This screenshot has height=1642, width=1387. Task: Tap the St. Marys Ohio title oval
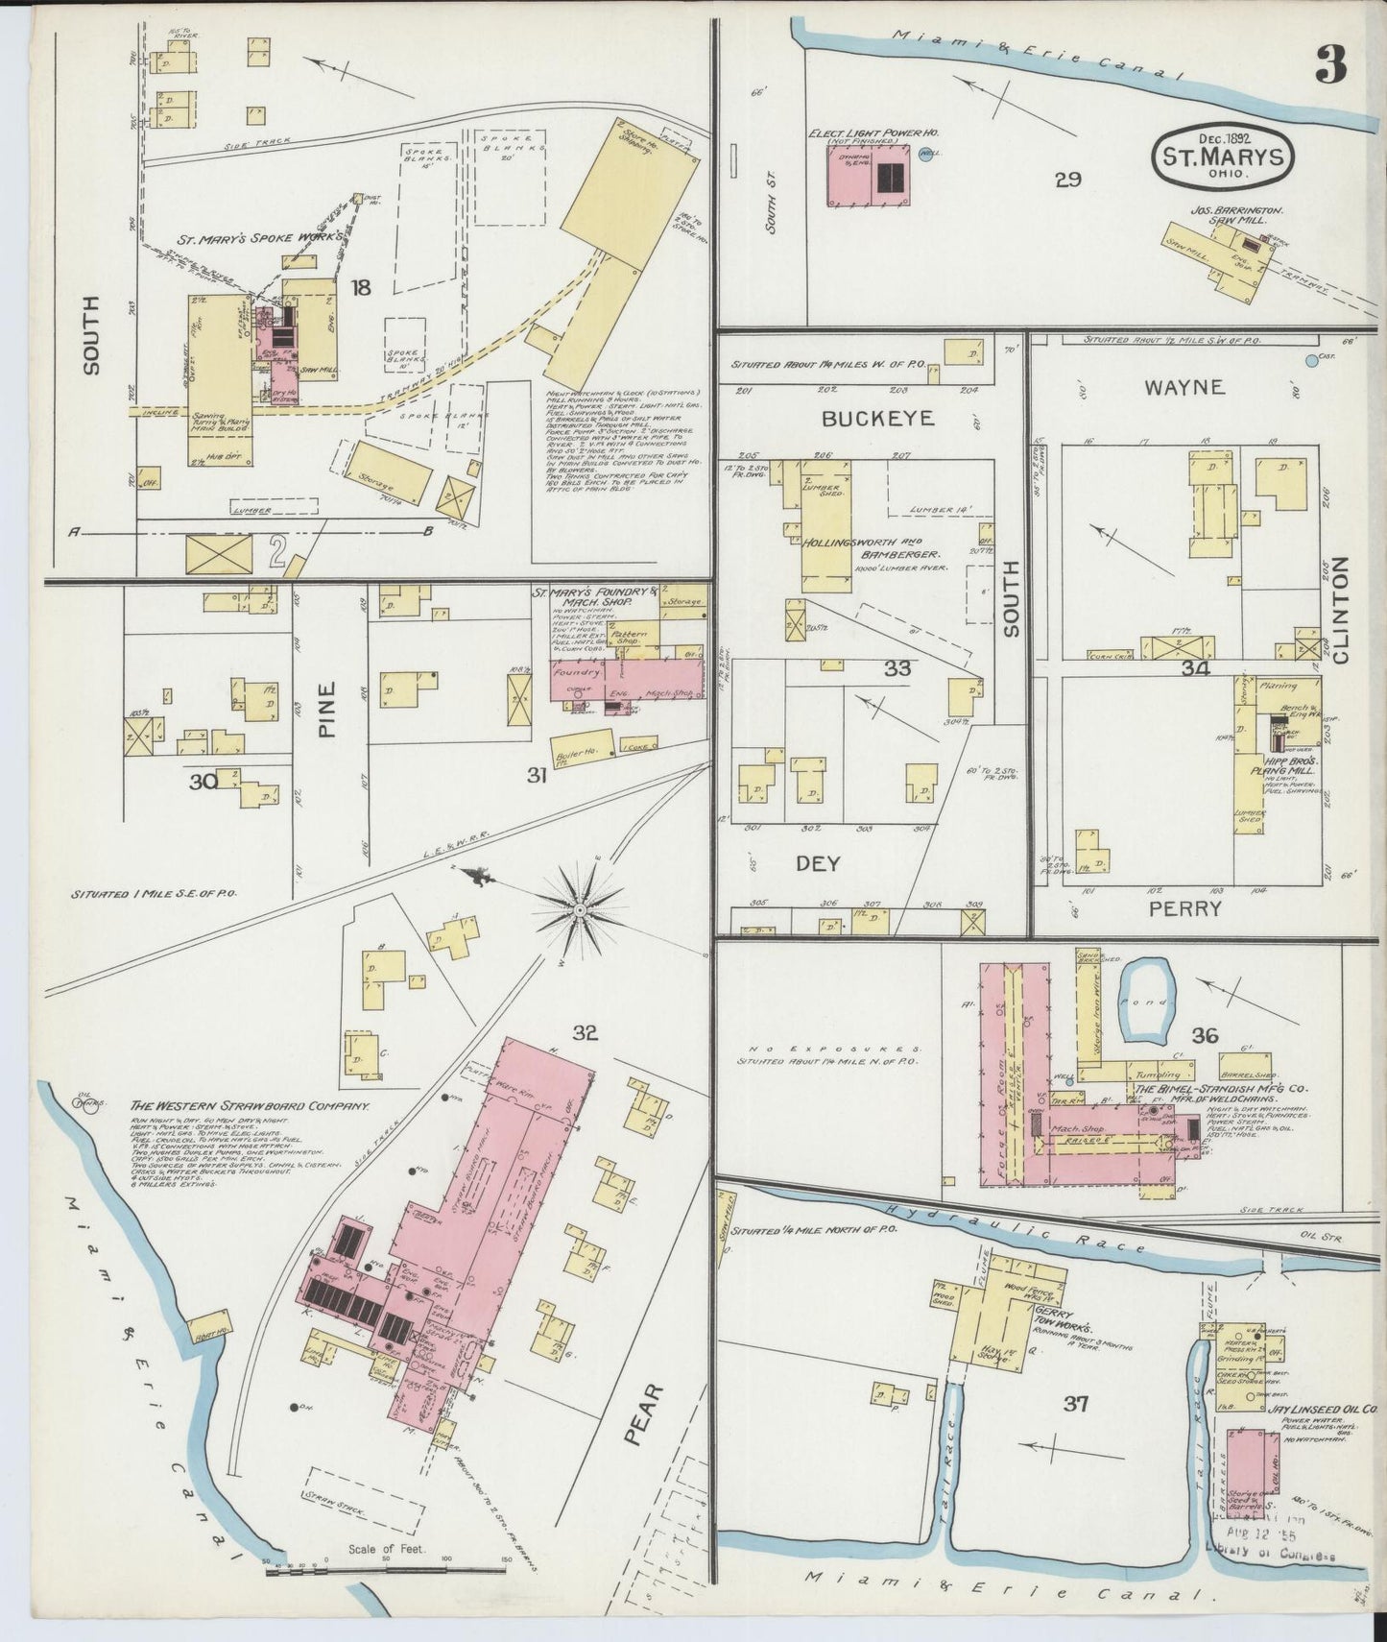click(x=1223, y=155)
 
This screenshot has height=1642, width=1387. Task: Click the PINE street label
click(x=329, y=709)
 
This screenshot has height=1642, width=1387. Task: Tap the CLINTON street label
click(x=1340, y=611)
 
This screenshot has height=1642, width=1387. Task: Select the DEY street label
click(x=818, y=863)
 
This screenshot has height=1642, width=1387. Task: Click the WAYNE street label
click(x=1184, y=387)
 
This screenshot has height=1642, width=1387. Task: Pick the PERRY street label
click(x=1184, y=907)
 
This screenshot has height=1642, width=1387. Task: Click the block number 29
click(x=1068, y=179)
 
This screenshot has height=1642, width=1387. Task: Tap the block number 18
click(x=360, y=286)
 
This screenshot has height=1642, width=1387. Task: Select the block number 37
click(x=1075, y=1404)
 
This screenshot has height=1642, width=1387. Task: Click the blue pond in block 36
click(x=1146, y=1002)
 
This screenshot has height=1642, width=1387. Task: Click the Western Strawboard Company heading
click(x=250, y=1106)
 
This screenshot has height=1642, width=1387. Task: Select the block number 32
click(x=586, y=1033)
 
